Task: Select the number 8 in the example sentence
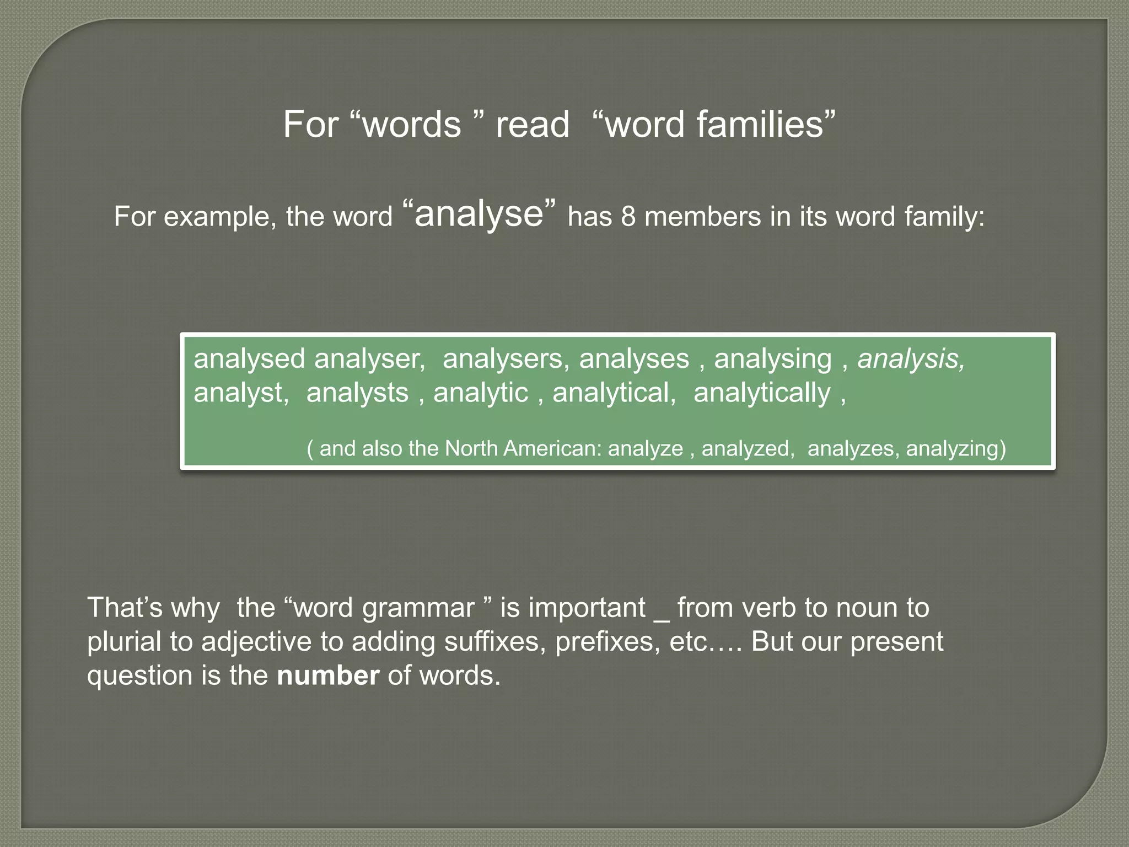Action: click(x=628, y=216)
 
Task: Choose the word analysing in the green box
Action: click(x=772, y=359)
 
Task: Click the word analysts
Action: click(x=357, y=393)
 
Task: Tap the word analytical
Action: click(x=614, y=393)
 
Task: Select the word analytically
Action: click(x=761, y=393)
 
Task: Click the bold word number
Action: click(x=328, y=676)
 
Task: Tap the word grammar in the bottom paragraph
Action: click(x=418, y=608)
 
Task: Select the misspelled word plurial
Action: click(x=124, y=642)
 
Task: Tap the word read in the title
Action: click(x=532, y=125)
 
